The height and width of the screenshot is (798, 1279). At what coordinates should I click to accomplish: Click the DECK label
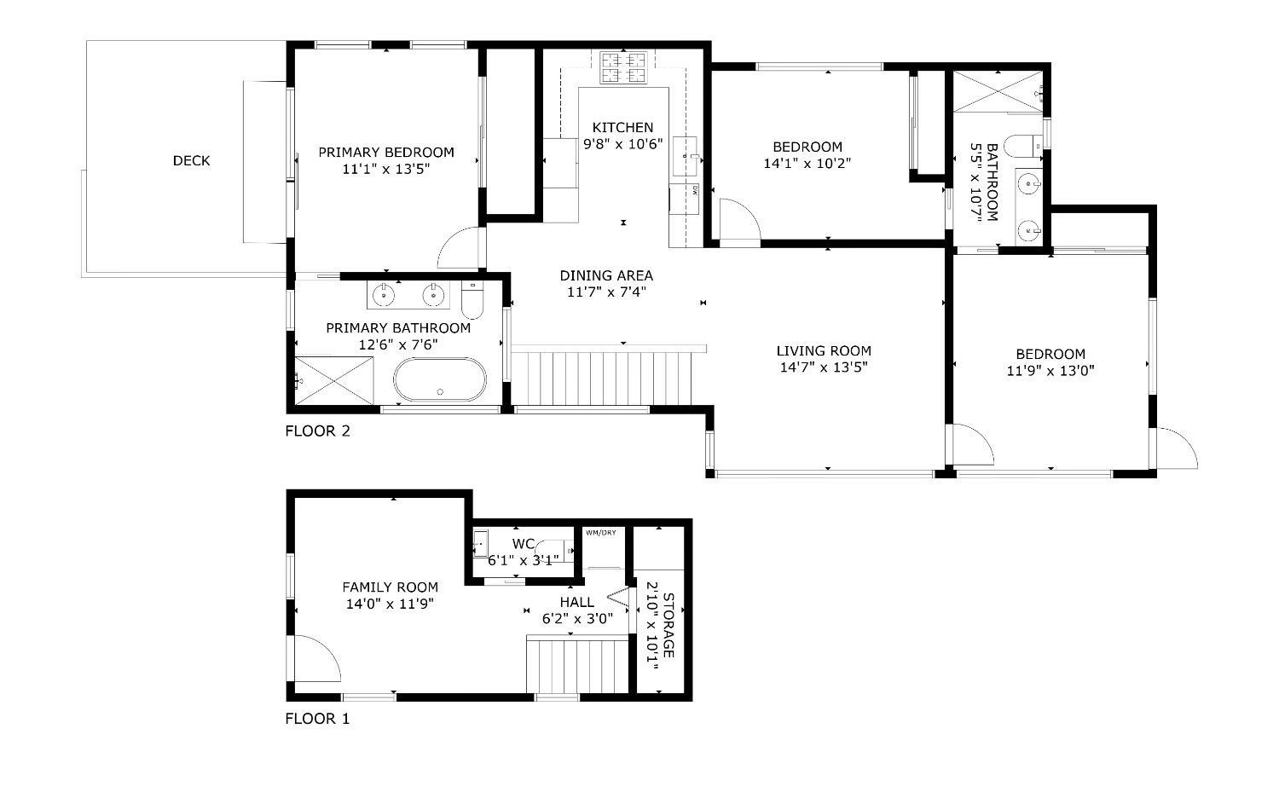pos(191,161)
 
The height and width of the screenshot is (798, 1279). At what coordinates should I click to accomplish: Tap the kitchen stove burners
pos(622,67)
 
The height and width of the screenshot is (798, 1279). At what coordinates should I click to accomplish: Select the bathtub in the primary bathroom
pos(440,379)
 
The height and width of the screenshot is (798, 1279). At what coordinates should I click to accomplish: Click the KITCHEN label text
pos(622,127)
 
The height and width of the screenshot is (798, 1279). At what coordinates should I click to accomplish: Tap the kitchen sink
pos(685,156)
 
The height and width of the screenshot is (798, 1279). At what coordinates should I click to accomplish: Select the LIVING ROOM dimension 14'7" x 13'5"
pos(824,367)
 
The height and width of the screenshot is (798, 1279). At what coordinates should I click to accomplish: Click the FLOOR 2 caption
pos(317,431)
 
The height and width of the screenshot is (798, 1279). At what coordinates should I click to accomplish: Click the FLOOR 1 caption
pos(317,719)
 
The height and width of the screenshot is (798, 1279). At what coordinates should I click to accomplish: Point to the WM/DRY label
pos(600,533)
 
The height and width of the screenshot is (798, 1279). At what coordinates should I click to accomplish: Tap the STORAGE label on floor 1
pos(668,625)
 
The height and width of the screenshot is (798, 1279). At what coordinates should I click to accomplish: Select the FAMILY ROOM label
pos(390,587)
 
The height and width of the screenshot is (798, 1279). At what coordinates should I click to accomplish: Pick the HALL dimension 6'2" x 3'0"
pos(577,618)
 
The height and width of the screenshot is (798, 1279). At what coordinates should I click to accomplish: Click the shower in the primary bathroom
pos(334,381)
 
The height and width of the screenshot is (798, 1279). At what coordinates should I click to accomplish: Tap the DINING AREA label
pos(606,275)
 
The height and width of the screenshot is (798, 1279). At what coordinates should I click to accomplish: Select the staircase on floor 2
pos(601,379)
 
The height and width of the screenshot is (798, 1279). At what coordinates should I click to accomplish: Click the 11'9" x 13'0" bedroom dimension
pos(1050,371)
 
